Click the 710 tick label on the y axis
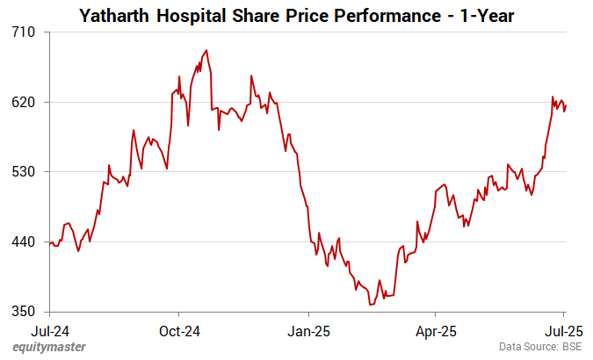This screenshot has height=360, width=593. (x=23, y=32)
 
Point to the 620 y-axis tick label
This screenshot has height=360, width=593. (x=23, y=102)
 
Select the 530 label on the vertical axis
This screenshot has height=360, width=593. (x=23, y=172)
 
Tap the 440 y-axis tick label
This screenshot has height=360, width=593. (x=23, y=241)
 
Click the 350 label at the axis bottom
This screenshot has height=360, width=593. (x=23, y=312)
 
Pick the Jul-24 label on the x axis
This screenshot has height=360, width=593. (x=50, y=331)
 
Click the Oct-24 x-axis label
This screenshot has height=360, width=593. (x=178, y=331)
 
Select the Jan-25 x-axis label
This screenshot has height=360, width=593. (x=308, y=331)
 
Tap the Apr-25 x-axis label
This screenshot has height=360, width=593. (x=435, y=331)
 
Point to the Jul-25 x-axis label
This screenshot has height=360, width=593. (x=563, y=331)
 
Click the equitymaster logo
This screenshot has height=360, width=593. (x=49, y=348)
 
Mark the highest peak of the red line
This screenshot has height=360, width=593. (x=206, y=50)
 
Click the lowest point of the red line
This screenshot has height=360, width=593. (x=371, y=305)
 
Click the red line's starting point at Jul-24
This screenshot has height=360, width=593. (x=51, y=242)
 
